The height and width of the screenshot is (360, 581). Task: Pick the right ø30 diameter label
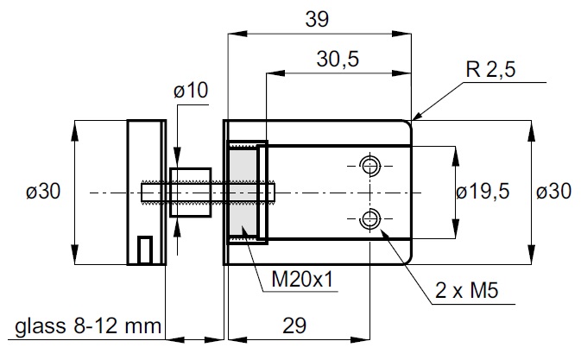coord(553,192)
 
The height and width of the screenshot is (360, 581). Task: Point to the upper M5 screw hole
coord(370,164)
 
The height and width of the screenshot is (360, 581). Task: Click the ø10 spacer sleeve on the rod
coord(192,192)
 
